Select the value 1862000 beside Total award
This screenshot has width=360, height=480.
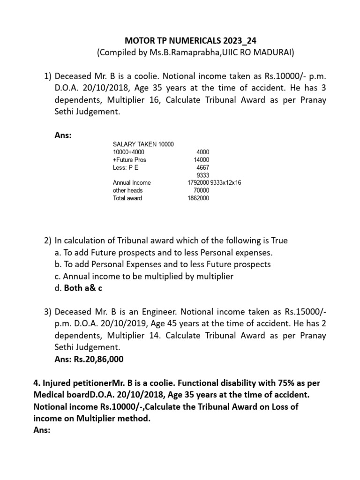pos(198,198)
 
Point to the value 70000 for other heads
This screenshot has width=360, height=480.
pos(202,190)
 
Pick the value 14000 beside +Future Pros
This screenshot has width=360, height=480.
pos(202,159)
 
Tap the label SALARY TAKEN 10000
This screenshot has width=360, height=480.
pos(143,144)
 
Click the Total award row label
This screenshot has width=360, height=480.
pos(127,198)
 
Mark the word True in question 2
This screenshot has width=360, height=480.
pos(279,240)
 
